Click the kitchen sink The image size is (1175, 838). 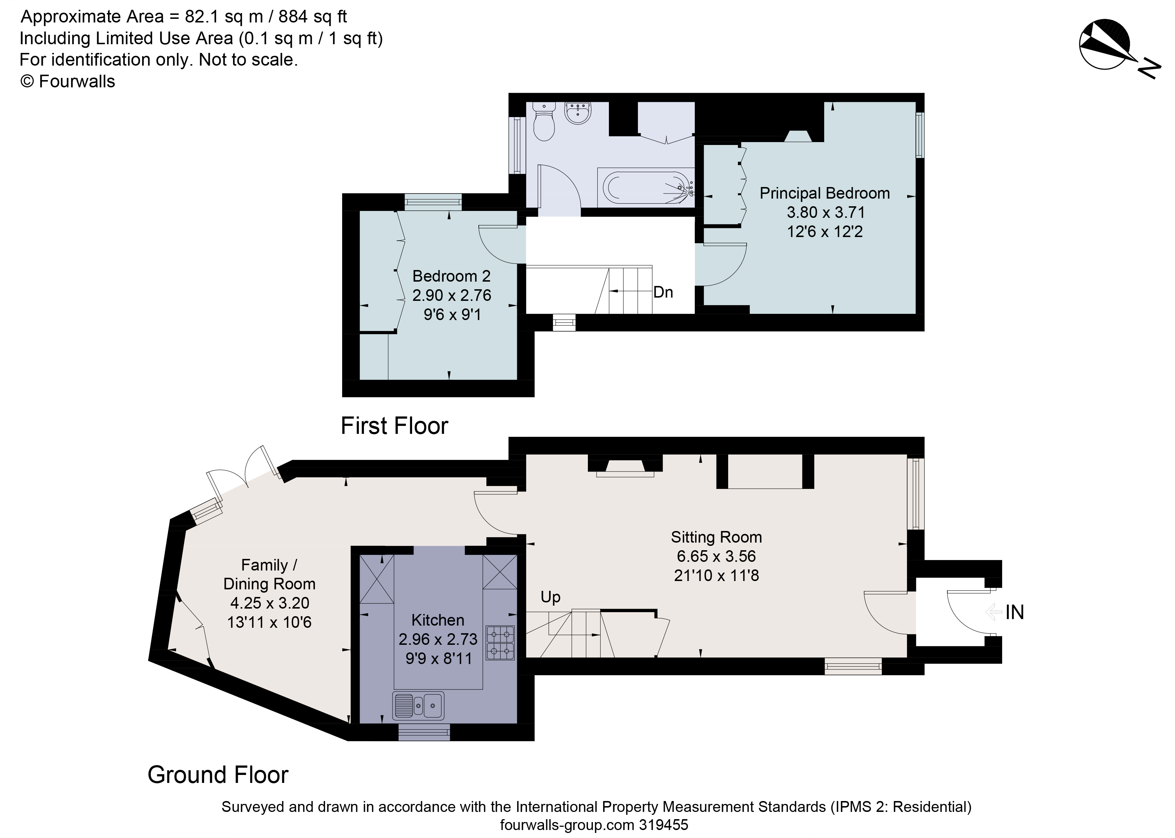418,705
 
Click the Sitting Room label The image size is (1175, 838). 716,537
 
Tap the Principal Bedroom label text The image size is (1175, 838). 824,193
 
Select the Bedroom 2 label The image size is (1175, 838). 451,276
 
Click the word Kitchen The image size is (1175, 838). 437,620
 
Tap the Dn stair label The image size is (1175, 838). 663,293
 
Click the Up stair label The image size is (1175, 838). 550,597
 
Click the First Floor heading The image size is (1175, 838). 394,426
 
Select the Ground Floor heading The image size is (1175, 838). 218,775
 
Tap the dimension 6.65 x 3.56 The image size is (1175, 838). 716,556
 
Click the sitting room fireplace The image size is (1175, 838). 625,466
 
